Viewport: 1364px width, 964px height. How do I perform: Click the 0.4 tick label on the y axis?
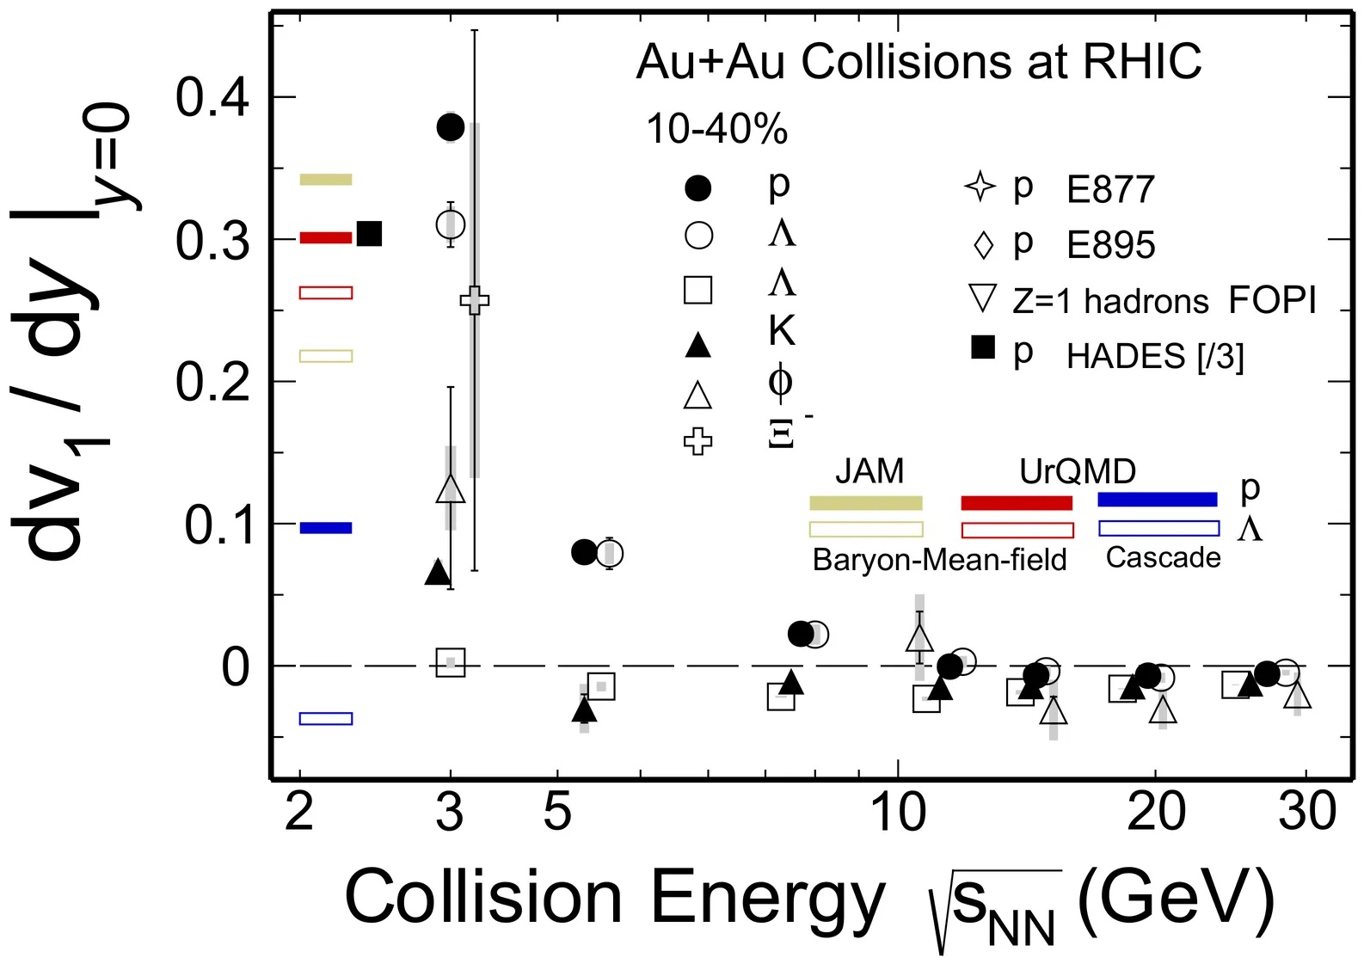(212, 98)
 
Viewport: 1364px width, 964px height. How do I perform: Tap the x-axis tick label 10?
(898, 811)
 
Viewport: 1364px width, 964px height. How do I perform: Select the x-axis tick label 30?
(1306, 811)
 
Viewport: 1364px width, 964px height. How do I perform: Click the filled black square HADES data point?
(369, 234)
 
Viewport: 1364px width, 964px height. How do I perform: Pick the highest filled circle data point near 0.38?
(451, 127)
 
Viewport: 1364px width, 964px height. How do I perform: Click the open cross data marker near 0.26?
(475, 301)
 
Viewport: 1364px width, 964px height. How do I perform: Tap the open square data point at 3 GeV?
(451, 662)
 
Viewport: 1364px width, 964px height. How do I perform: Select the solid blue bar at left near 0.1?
(325, 528)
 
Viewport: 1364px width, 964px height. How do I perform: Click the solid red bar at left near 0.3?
(325, 237)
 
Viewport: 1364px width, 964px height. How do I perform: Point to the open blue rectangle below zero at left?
(325, 719)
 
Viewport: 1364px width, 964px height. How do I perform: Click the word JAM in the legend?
(869, 471)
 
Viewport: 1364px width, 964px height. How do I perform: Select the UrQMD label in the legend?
(1077, 471)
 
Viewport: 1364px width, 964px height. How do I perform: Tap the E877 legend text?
(1110, 190)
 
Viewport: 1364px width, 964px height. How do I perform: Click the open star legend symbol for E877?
(980, 187)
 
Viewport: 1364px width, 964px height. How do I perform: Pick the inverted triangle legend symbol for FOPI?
(982, 298)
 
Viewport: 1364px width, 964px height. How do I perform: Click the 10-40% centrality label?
(716, 130)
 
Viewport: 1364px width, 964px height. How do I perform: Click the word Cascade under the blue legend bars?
(1163, 558)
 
